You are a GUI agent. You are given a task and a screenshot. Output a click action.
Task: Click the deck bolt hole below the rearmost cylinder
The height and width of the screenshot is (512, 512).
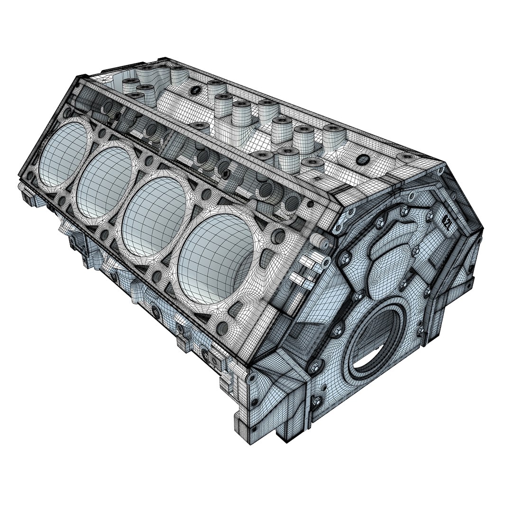(223, 327)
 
